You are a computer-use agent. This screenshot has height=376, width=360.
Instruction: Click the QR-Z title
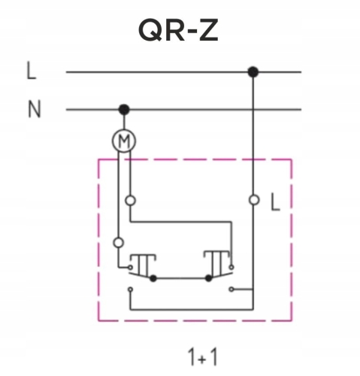[178, 30]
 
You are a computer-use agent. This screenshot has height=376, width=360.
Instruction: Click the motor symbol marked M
[124, 141]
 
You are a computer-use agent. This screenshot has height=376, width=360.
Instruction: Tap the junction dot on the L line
[253, 72]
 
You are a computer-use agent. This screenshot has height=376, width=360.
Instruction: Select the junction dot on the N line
[124, 110]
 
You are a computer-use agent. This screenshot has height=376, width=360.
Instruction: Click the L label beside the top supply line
[32, 71]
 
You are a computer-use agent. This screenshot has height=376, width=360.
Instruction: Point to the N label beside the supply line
[34, 109]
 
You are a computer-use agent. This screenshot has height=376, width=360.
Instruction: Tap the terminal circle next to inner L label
[254, 200]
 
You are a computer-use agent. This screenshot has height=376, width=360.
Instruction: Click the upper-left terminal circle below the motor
[130, 200]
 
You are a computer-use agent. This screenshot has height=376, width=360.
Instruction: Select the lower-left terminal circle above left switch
[119, 243]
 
